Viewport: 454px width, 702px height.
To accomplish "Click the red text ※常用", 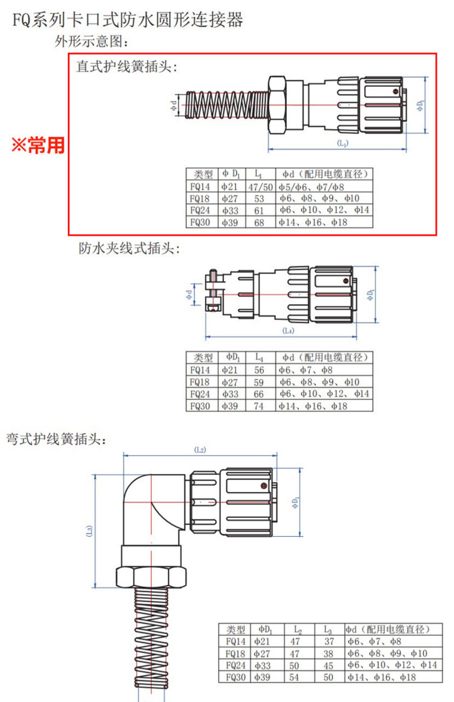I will (38, 145).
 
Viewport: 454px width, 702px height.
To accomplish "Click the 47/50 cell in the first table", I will (260, 187).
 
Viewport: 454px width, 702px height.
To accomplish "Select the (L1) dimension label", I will (343, 143).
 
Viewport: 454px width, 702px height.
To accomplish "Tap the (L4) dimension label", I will (288, 330).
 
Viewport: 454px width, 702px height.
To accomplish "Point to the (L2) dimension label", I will (200, 450).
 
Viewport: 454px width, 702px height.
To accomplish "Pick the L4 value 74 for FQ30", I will (259, 406).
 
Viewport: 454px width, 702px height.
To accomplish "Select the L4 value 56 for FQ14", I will (259, 370).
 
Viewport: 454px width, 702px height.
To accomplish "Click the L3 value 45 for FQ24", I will (328, 665).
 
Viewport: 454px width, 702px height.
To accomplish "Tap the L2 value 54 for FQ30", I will (294, 677).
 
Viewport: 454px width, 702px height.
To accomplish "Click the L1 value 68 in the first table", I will (259, 223).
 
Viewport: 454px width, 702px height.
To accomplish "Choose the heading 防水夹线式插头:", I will (129, 249).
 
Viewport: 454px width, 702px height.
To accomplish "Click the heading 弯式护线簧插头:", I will (56, 439).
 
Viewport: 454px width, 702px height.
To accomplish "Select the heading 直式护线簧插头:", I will (127, 66).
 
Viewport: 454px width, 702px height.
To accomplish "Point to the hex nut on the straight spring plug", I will (277, 105).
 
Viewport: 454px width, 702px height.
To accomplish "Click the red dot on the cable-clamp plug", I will (346, 281).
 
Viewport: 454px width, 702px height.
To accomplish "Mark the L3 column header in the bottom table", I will (328, 630).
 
